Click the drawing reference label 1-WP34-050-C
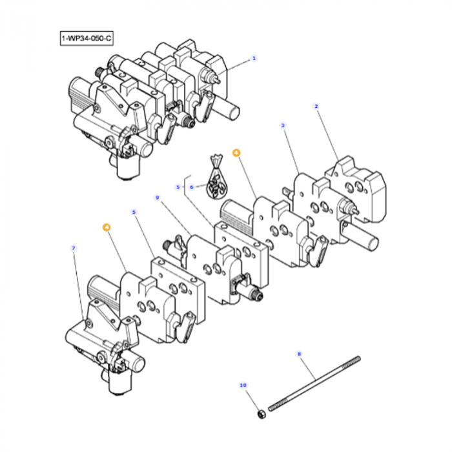click(x=87, y=39)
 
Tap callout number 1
click(x=254, y=58)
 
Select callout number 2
click(x=316, y=106)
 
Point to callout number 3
click(x=283, y=127)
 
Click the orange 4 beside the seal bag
click(x=236, y=154)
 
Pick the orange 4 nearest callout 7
click(x=106, y=227)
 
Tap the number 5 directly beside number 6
click(x=178, y=187)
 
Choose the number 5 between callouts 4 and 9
click(x=134, y=212)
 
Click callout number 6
click(x=191, y=187)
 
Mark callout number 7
click(x=74, y=247)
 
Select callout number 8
click(x=299, y=353)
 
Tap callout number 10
click(x=243, y=385)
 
